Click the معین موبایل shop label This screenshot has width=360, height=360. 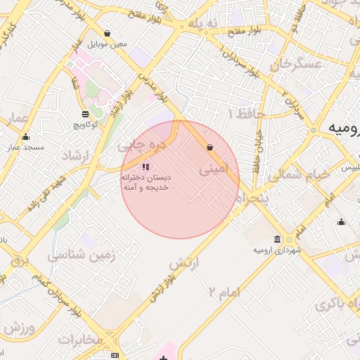pos(108,44)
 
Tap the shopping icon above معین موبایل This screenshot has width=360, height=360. pos(107,33)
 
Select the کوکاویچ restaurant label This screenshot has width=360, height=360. pos(85,124)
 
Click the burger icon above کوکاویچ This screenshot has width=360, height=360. pos(85,114)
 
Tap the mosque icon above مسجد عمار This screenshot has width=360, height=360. pos(26,137)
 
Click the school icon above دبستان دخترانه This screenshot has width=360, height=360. pos(146,167)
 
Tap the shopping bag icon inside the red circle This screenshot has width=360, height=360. pos(210,147)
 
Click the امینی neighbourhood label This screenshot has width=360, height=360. pos(214,169)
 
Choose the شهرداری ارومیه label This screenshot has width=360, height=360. pos(278,250)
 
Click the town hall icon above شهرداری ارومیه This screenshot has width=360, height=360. pos(278,239)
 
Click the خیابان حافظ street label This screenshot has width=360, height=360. pos(258,148)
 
